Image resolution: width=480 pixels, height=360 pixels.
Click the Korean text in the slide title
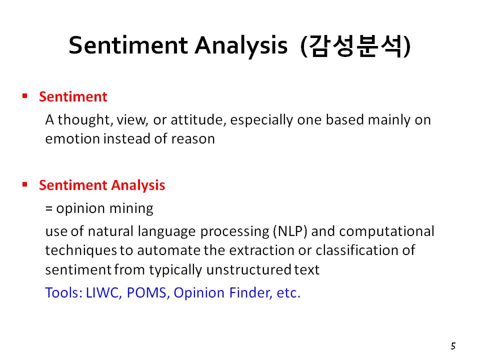(355, 46)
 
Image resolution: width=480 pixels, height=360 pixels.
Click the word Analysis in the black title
(241, 46)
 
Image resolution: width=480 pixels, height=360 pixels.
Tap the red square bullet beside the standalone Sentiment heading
(25, 96)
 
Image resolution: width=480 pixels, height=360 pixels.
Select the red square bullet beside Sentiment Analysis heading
(25, 184)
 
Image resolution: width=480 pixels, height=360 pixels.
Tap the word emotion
(72, 138)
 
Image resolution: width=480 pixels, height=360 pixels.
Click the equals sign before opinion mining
(48, 209)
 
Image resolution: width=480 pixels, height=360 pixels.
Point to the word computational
(386, 231)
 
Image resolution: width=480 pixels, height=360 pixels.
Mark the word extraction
(261, 250)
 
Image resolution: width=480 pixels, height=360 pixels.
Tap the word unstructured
(248, 270)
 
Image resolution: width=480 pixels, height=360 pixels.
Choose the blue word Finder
(250, 293)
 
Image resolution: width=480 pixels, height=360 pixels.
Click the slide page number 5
(453, 346)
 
